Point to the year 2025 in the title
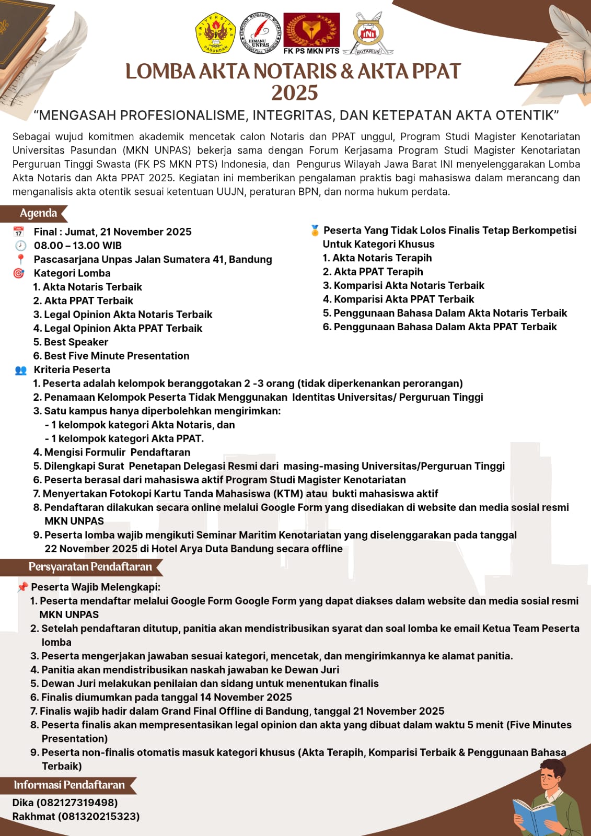click(295, 93)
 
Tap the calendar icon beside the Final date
click(19, 231)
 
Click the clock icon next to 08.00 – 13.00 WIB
click(20, 246)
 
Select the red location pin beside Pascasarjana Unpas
click(20, 259)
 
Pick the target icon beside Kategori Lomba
click(19, 273)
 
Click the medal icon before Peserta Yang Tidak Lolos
click(315, 230)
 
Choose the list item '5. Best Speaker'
click(71, 342)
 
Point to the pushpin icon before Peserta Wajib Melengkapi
click(22, 587)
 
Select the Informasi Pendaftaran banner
click(69, 785)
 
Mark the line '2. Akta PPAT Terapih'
click(373, 272)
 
